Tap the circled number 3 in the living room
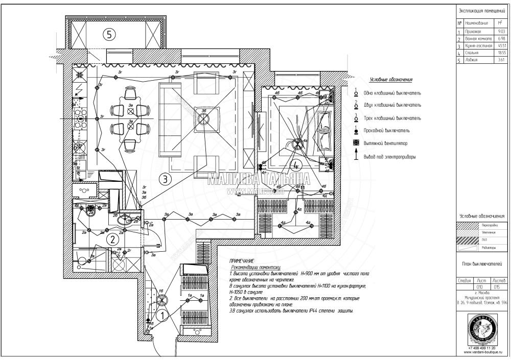tap(165, 179)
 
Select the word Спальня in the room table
tap(472, 53)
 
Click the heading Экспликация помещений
tap(482, 10)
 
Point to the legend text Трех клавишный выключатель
tap(392, 118)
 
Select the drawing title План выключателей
tap(482, 265)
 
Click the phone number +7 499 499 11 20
tap(482, 348)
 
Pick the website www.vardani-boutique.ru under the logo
tap(482, 352)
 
